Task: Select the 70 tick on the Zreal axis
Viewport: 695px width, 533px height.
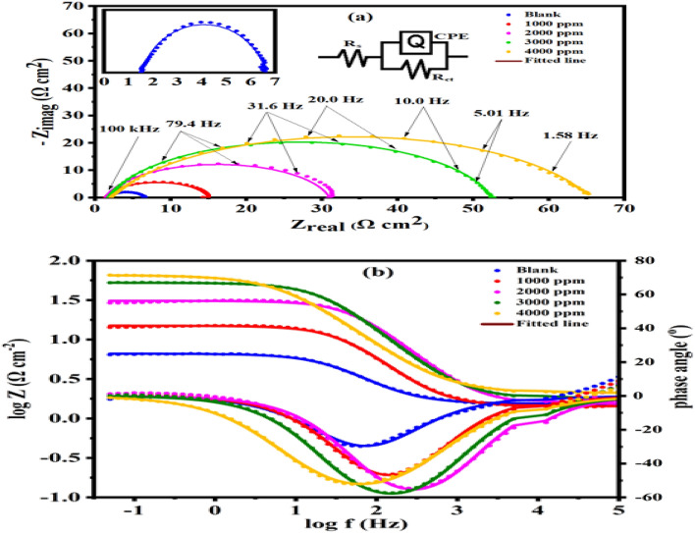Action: point(625,209)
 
